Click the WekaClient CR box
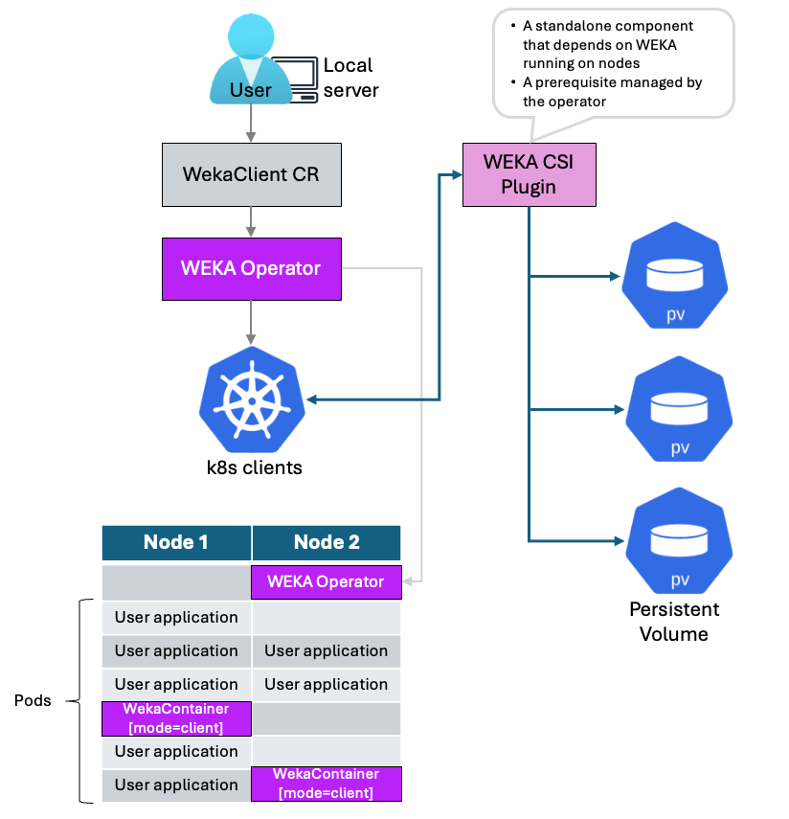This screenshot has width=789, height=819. [251, 176]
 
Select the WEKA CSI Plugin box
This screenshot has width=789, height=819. [529, 174]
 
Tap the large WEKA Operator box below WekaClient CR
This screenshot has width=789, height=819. [251, 268]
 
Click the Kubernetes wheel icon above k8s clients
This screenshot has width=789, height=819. [251, 399]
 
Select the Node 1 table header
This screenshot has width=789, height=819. [176, 542]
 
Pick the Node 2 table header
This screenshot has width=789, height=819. [327, 542]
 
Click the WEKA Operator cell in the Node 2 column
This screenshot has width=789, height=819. [326, 581]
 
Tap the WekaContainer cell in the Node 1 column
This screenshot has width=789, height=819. [176, 718]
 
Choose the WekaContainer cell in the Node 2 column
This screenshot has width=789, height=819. [326, 784]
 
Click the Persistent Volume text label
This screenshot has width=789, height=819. [674, 622]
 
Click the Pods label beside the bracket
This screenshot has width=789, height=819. [33, 701]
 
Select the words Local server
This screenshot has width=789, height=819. [350, 78]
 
